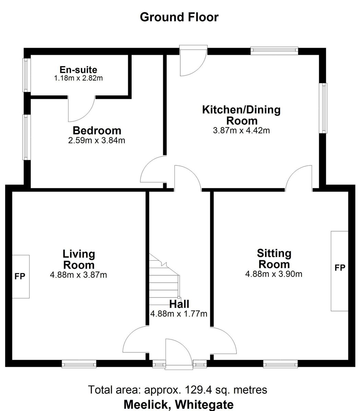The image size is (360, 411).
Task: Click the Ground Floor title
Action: click(179, 17)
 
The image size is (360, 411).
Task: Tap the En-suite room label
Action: click(79, 70)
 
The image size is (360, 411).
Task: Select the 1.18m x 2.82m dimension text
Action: click(79, 78)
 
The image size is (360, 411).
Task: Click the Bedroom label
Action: click(97, 130)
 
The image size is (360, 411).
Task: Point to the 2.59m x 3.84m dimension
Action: click(97, 140)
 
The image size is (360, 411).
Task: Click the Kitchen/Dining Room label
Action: click(241, 115)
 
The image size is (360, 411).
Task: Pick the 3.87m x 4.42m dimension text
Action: click(241, 130)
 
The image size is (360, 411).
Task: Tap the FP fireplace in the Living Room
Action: click(21, 276)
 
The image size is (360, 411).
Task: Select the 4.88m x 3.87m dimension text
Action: click(79, 275)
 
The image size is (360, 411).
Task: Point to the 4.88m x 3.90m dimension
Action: click(274, 274)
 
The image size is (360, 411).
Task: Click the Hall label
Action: click(179, 304)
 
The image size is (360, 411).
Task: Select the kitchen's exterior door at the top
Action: click(193, 60)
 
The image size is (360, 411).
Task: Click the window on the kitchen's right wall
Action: click(323, 108)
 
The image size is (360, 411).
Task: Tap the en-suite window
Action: click(26, 75)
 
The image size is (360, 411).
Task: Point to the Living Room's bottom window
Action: click(79, 364)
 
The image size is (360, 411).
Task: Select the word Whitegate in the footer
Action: click(204, 404)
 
